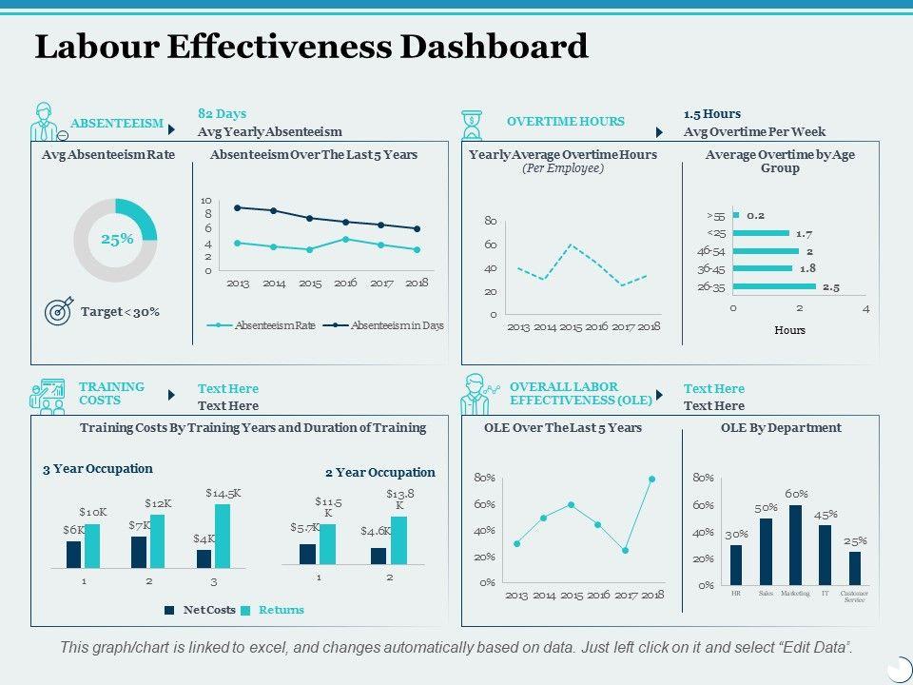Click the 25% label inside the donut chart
point(116,240)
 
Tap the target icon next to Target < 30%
point(59,311)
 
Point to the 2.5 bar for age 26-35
point(774,286)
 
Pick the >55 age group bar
point(736,216)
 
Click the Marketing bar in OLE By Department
point(795,544)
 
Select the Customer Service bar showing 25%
point(855,568)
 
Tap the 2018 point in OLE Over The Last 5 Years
point(652,479)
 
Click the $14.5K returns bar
point(223,536)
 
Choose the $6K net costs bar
point(73,554)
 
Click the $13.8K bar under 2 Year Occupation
point(398,540)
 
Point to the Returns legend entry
point(281,610)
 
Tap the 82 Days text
point(222,113)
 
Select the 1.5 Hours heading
point(712,113)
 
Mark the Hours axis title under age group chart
point(789,330)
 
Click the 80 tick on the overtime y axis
point(491,221)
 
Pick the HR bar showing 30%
point(736,564)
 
